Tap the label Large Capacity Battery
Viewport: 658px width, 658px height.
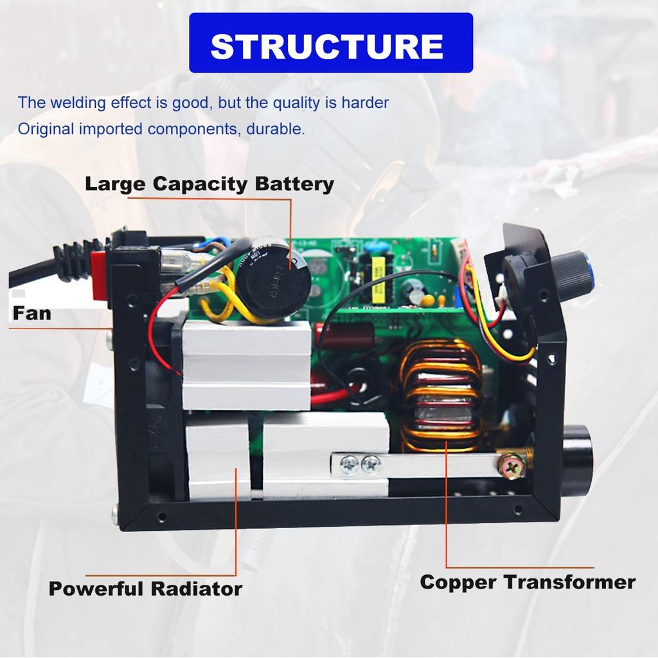coord(209,184)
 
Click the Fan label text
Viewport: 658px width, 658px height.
coord(31,314)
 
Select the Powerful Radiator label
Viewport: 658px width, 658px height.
coord(145,588)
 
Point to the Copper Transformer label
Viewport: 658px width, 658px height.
coord(528,582)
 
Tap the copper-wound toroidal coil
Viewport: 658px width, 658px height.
coord(441,395)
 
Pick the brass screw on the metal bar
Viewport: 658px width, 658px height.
coord(513,467)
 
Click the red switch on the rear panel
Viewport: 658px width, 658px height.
coord(99,276)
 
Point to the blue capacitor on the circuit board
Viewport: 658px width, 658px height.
coord(370,247)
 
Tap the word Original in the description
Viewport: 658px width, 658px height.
coord(46,129)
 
